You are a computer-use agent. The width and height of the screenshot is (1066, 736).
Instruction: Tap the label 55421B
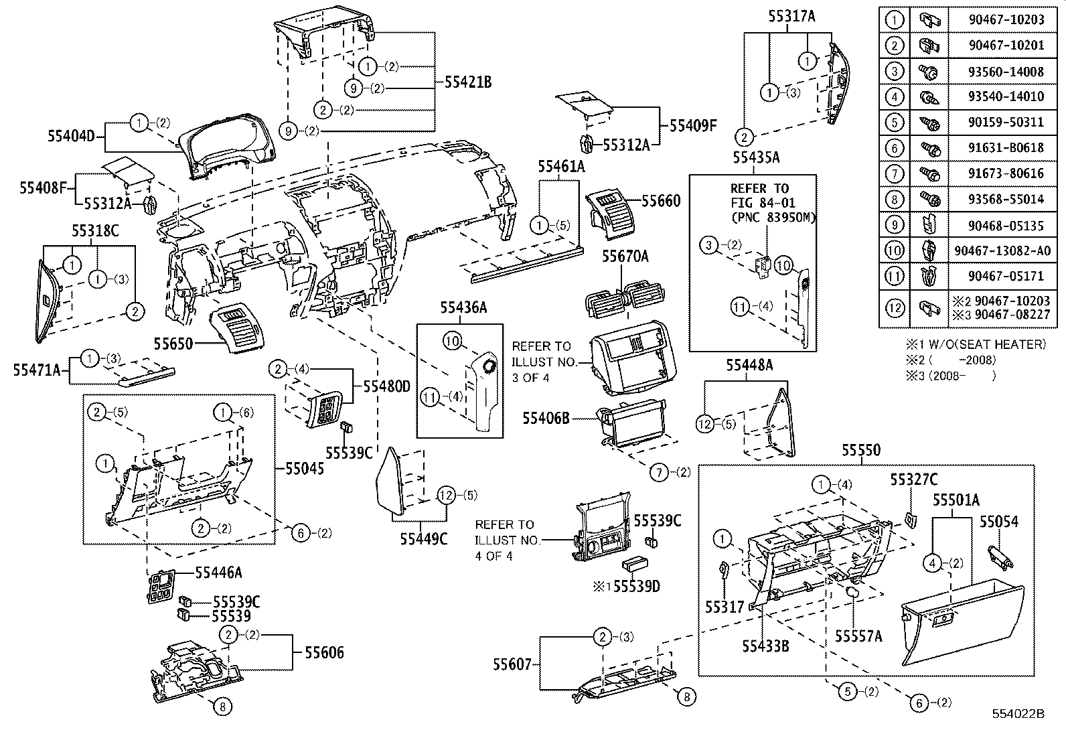(x=468, y=82)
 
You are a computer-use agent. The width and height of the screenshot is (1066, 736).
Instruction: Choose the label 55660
(x=661, y=201)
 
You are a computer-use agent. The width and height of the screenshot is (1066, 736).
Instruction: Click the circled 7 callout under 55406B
(x=660, y=473)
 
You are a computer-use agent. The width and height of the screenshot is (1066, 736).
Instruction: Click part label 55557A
(x=858, y=636)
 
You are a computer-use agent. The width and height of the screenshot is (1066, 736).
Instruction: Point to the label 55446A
(x=218, y=572)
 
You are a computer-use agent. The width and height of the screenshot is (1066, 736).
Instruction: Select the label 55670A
(x=625, y=256)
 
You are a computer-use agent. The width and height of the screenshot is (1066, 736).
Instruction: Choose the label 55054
(x=999, y=521)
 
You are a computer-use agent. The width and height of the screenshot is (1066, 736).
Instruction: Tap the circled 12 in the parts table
(x=895, y=307)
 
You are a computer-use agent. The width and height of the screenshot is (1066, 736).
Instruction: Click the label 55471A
(x=36, y=369)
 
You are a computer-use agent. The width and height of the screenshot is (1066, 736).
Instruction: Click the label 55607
(x=512, y=664)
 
